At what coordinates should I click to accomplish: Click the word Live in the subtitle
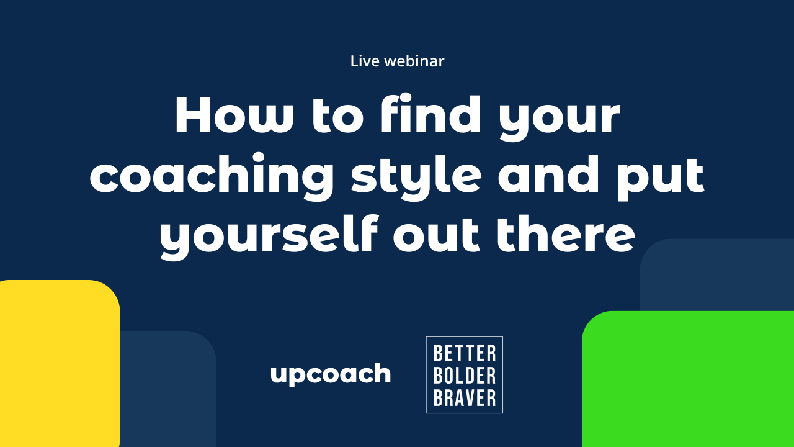[x=365, y=61]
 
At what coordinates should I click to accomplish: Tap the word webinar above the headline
[x=414, y=61]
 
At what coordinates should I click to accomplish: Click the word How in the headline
[x=234, y=115]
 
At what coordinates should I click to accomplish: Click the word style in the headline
[x=416, y=178]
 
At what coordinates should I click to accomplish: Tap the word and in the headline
[x=548, y=174]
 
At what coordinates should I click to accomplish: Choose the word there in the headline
[x=566, y=234]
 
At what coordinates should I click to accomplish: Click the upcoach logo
[x=331, y=374]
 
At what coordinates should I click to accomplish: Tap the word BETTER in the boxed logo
[x=465, y=353]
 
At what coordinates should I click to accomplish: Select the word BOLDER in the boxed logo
[x=465, y=376]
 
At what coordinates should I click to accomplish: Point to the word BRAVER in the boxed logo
[x=465, y=398]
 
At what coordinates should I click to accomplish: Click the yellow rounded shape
[x=60, y=364]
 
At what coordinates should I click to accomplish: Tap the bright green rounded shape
[x=688, y=379]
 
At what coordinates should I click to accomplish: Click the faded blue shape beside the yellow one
[x=168, y=389]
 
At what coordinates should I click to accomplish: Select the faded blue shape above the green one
[x=717, y=275]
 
